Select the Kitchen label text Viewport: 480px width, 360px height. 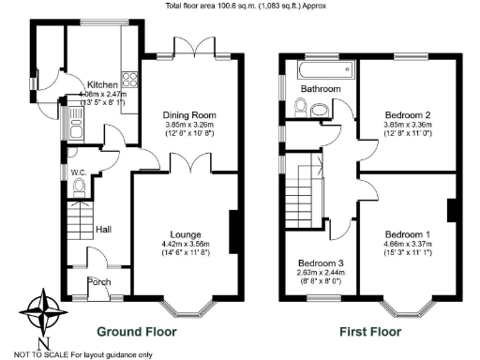(101, 84)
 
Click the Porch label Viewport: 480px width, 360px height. (98, 281)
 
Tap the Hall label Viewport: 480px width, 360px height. (104, 228)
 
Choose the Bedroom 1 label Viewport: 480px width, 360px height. (407, 233)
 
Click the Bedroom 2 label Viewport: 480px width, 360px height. (406, 112)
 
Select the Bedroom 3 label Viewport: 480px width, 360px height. (321, 263)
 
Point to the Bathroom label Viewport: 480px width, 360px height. (319, 89)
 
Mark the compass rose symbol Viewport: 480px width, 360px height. (46, 311)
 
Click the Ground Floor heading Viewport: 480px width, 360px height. (140, 331)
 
